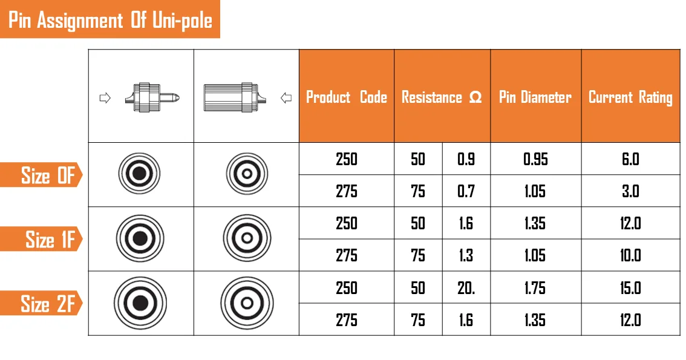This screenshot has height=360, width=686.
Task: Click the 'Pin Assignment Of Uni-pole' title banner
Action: pos(110,20)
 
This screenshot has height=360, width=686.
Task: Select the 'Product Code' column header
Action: pos(346,97)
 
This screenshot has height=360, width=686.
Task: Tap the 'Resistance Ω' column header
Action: pos(442,97)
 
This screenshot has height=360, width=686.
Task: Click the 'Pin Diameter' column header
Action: pos(535,97)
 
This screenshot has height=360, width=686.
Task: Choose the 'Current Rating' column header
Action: pos(630,97)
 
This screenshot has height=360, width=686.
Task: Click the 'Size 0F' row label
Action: pos(48,175)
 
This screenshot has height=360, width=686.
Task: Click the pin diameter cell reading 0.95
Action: pos(535,159)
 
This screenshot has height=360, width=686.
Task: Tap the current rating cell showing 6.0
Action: pos(630,159)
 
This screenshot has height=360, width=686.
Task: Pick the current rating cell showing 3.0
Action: pos(630,191)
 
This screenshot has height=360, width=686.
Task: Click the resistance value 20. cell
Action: pos(466,287)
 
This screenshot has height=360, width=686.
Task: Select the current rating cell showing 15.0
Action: pos(630,287)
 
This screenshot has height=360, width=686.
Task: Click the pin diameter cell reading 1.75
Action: pos(535,287)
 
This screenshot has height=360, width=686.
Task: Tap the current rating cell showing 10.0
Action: pos(630,255)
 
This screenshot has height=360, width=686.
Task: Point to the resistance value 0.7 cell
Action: pos(466,191)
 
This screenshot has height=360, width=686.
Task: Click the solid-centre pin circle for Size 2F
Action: pos(140,303)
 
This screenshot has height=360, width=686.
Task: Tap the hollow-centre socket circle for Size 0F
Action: pos(246,174)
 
